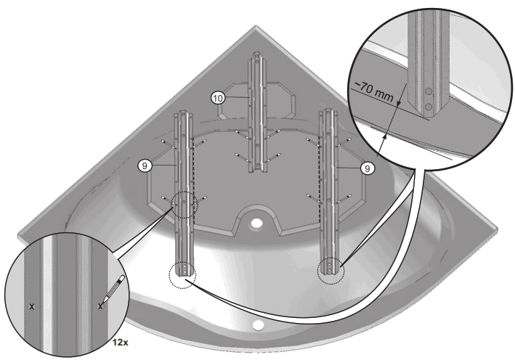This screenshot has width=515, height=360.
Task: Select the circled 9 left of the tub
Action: point(146,165)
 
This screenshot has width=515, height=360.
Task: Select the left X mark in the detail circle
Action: point(31,307)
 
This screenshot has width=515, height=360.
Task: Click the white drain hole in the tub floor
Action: point(257,222)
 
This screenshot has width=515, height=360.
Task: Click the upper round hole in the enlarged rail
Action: point(429,92)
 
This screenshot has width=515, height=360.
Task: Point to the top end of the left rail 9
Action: point(184,112)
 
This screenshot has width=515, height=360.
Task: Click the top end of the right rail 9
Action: point(328,112)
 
